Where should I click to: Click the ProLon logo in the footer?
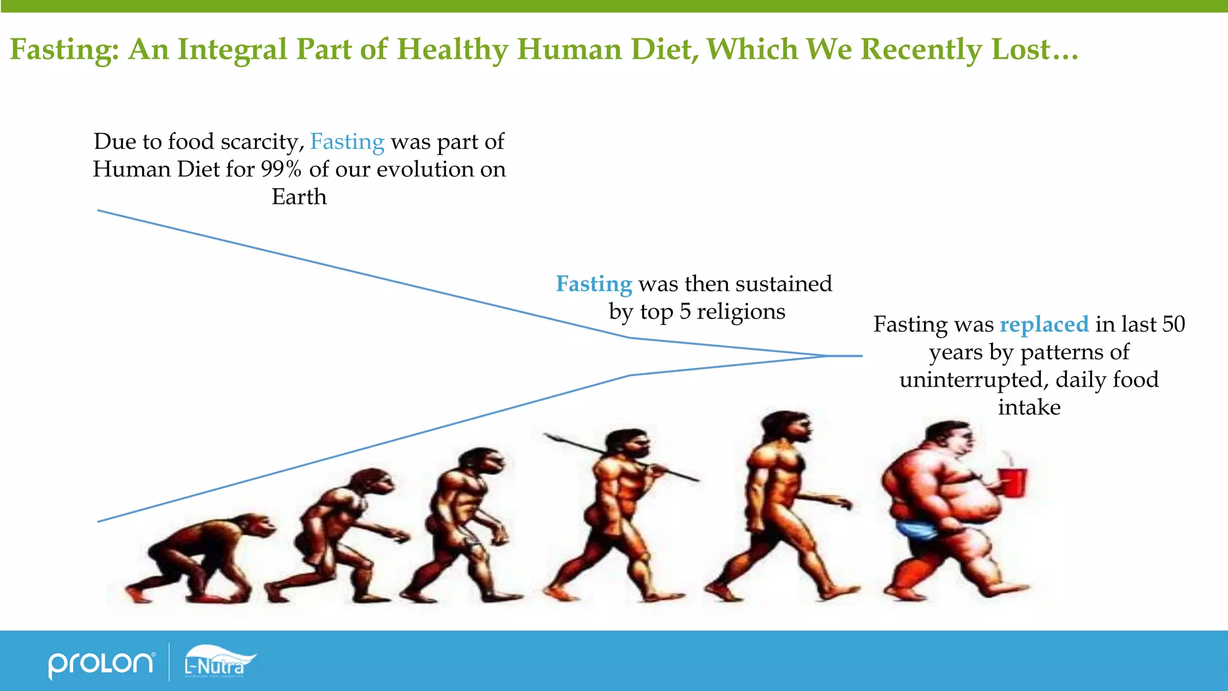(101, 663)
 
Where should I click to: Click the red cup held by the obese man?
(1013, 482)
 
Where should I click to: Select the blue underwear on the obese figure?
(916, 529)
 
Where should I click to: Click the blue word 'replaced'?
(1044, 325)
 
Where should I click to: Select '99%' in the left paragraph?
(281, 170)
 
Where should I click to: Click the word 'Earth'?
(299, 197)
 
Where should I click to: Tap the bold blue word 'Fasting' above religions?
(594, 284)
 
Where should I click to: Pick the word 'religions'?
(741, 312)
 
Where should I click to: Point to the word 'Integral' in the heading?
(233, 49)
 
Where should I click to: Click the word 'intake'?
(1029, 408)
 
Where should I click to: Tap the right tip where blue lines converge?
(861, 356)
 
